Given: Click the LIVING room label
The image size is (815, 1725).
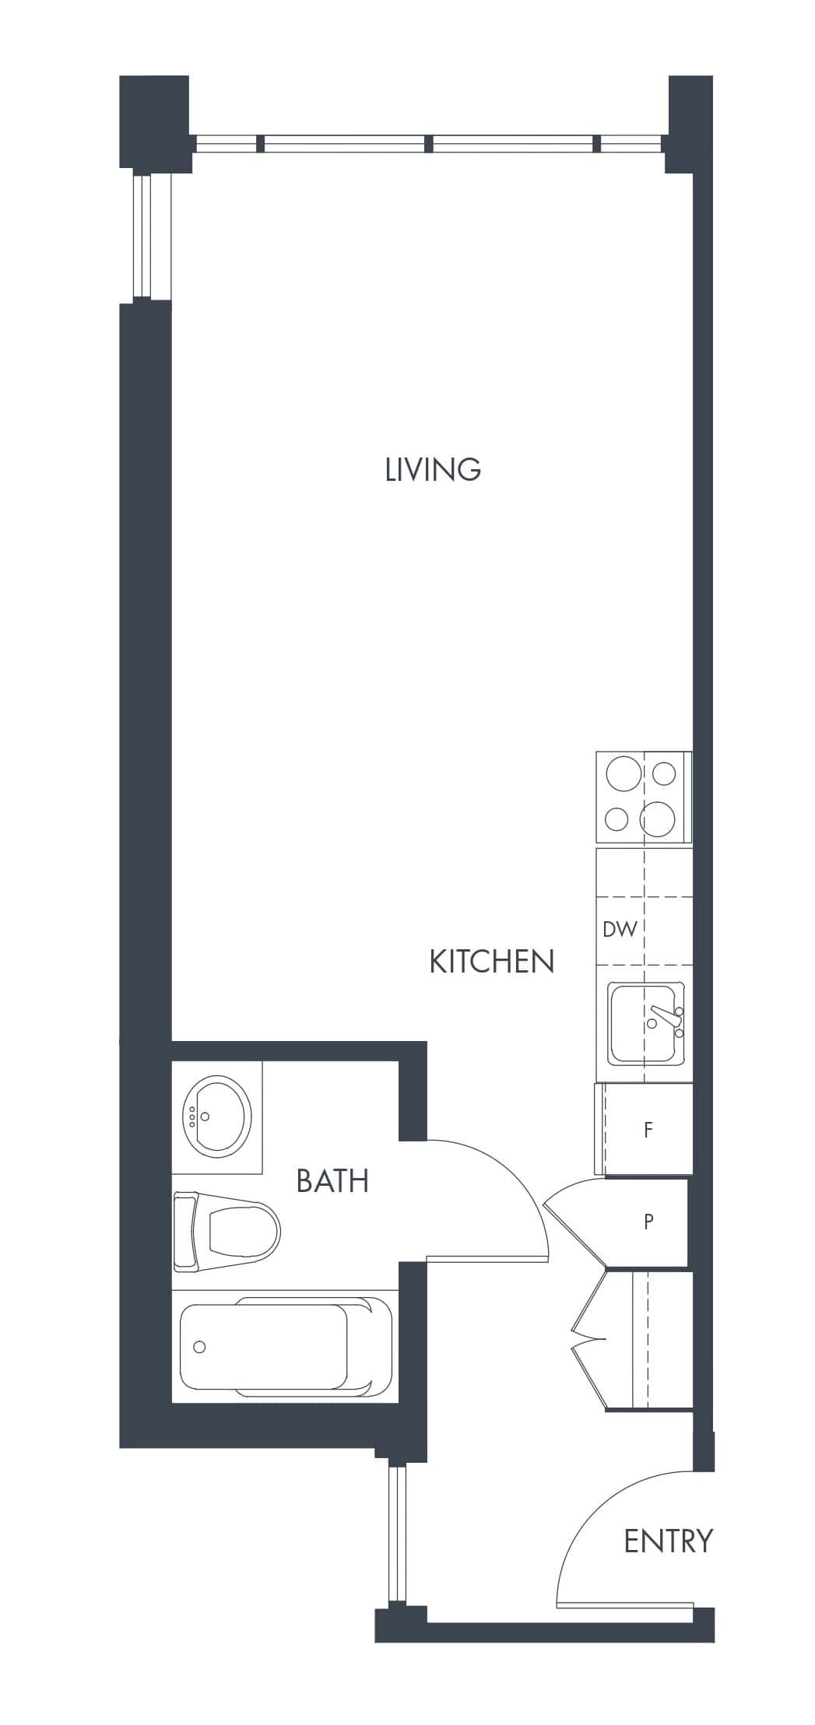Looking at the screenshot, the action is pos(433,469).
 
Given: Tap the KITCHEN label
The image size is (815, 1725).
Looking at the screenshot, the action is pos(491,962).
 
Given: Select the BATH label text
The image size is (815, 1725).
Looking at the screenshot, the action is pos(332,1180).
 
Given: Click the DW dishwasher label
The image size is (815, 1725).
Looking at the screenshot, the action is pos(620,928).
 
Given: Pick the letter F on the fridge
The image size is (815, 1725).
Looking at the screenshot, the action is pos(648,1130).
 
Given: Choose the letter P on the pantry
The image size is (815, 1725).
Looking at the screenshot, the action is pos(648,1222).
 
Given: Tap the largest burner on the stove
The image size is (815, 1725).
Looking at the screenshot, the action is pos(657,819).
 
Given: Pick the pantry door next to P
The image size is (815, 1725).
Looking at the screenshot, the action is pos(574,1222).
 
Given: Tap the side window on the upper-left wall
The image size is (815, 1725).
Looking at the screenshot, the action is pos(152,236).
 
